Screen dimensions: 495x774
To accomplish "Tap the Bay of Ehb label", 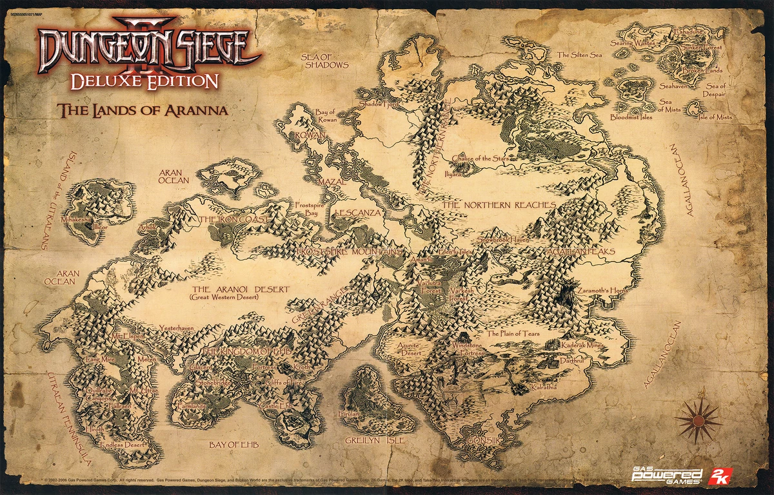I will pos(233,445).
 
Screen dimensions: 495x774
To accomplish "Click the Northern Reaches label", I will pos(499,205).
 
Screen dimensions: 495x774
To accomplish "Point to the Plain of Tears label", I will pos(513,334).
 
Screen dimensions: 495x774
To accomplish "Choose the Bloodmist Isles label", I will pos(631,117).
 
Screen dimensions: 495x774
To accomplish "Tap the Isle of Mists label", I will pos(716,117).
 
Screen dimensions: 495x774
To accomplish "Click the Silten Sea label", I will pos(579,55).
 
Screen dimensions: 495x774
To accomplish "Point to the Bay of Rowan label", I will pos(325,117).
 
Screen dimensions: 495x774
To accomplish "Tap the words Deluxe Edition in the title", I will pos(144,81).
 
